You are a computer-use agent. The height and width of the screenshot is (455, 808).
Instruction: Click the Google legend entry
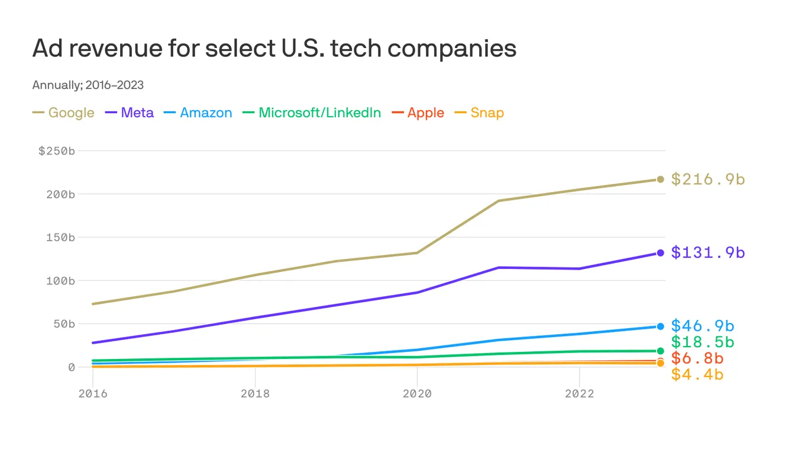point(63,113)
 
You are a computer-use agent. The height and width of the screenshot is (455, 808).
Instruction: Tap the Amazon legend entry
point(198,113)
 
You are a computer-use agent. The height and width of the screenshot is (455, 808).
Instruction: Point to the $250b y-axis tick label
point(57,151)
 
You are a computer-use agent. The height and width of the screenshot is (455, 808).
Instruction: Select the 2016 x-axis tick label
point(93,394)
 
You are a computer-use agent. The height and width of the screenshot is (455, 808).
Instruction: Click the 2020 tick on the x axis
point(417,394)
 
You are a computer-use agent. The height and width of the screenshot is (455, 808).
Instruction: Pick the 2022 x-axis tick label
point(579,394)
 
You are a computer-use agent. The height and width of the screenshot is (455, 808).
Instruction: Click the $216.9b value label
point(707,179)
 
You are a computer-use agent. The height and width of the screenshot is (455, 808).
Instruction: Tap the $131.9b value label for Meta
point(707,253)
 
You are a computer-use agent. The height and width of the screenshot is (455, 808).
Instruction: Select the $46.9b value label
point(703,326)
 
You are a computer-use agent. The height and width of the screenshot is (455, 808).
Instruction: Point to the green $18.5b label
point(703,342)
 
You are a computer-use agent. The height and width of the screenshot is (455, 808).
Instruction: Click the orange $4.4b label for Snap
point(697,374)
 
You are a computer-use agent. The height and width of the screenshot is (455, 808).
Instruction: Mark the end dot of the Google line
point(660,179)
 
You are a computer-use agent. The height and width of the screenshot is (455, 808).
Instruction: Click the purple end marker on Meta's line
point(660,253)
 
